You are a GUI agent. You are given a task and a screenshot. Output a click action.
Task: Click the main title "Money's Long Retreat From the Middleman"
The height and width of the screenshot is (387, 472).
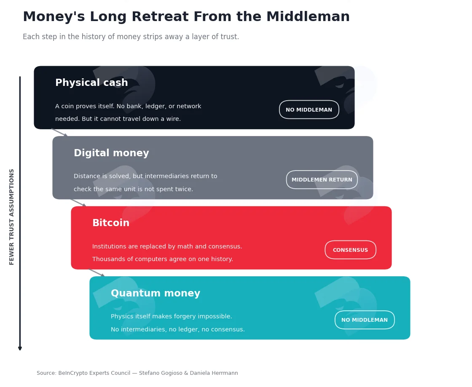point(186,17)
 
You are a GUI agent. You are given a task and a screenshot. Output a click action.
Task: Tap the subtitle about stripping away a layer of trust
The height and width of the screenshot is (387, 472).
point(131,37)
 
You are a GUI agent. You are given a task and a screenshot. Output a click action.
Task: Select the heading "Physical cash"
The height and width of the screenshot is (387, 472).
point(91,83)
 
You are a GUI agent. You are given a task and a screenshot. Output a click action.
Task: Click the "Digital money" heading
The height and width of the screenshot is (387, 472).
point(111,153)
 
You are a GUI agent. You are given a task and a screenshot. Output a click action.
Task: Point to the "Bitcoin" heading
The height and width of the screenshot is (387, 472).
point(111,223)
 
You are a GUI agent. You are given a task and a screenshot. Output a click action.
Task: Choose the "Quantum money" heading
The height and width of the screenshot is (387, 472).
point(156,293)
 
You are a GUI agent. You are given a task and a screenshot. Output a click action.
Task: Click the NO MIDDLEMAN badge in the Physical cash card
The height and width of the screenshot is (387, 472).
point(309,110)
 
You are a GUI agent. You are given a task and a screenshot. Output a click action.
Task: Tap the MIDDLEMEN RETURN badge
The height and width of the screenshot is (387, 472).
point(322,180)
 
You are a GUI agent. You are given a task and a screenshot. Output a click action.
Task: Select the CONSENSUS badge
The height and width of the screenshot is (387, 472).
point(350,250)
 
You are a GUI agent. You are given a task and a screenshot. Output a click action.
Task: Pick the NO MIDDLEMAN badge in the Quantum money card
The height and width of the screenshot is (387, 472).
point(365,320)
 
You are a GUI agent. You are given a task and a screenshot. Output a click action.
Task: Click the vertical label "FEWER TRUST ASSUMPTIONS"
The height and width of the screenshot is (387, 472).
point(12,217)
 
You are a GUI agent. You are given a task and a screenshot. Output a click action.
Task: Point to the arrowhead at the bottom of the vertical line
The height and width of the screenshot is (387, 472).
point(20,349)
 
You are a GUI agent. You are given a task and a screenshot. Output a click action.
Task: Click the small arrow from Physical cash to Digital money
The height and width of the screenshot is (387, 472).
point(59,133)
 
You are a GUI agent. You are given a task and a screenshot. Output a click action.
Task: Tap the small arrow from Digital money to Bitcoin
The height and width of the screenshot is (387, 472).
point(78,203)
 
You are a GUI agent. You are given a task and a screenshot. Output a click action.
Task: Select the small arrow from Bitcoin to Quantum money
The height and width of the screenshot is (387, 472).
point(97,273)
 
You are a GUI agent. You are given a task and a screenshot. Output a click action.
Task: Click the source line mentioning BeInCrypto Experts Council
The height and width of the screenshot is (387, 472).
point(137,373)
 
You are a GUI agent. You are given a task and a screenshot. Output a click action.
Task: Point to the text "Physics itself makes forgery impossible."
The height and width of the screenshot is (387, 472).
point(171,317)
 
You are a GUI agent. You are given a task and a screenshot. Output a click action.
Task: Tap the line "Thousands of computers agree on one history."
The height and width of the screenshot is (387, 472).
point(163,259)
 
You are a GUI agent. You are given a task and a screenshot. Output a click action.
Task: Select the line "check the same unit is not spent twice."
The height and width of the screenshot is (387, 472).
point(133,189)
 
